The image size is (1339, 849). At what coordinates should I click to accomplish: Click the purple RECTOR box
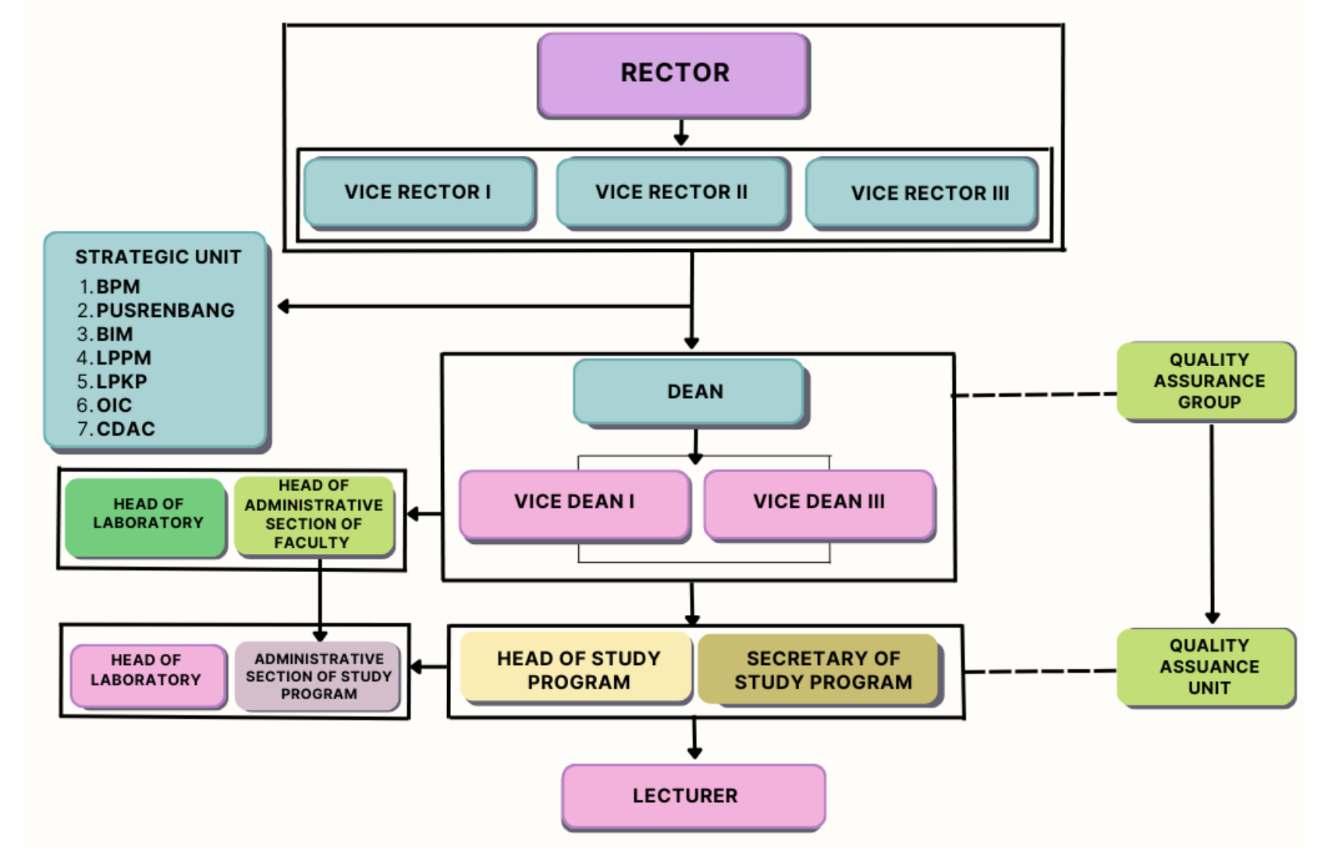point(673,75)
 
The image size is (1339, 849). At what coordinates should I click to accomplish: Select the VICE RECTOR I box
point(420,193)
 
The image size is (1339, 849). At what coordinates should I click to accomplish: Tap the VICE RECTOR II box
point(673,193)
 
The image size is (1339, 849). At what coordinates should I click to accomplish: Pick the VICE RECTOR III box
point(922,194)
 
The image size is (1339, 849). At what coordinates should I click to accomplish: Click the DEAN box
point(691,393)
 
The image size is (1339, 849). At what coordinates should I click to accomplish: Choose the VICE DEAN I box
point(575,505)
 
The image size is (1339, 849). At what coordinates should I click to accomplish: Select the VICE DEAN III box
point(819,505)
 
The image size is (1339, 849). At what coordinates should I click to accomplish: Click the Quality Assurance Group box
point(1206,382)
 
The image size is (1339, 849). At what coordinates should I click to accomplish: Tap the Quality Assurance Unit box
point(1206,668)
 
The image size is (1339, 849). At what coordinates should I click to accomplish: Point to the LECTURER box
point(694,797)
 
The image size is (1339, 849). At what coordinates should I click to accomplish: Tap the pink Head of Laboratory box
point(148,677)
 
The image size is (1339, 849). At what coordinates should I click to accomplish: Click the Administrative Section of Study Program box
point(318,677)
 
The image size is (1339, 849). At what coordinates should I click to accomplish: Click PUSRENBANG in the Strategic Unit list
point(165,311)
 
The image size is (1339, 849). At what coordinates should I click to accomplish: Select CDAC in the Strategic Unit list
point(126,429)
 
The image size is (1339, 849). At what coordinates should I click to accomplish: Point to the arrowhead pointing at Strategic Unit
point(284,307)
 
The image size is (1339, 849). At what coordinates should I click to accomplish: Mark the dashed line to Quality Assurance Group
point(1035,395)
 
